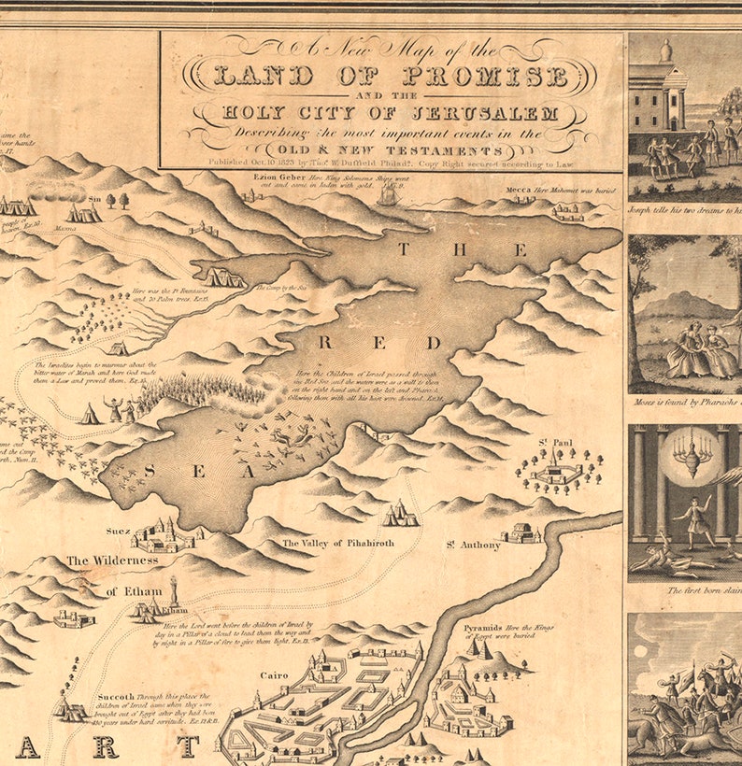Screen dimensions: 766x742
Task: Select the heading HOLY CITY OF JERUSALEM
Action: [390, 114]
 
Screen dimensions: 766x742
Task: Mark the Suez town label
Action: [119, 530]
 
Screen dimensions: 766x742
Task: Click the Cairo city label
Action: [274, 674]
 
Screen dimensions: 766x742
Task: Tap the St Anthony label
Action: [472, 545]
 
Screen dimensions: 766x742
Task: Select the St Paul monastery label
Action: [554, 442]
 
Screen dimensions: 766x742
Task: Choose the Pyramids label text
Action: [483, 628]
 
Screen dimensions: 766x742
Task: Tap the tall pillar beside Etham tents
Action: [173, 590]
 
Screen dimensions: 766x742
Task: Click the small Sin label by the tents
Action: [93, 199]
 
